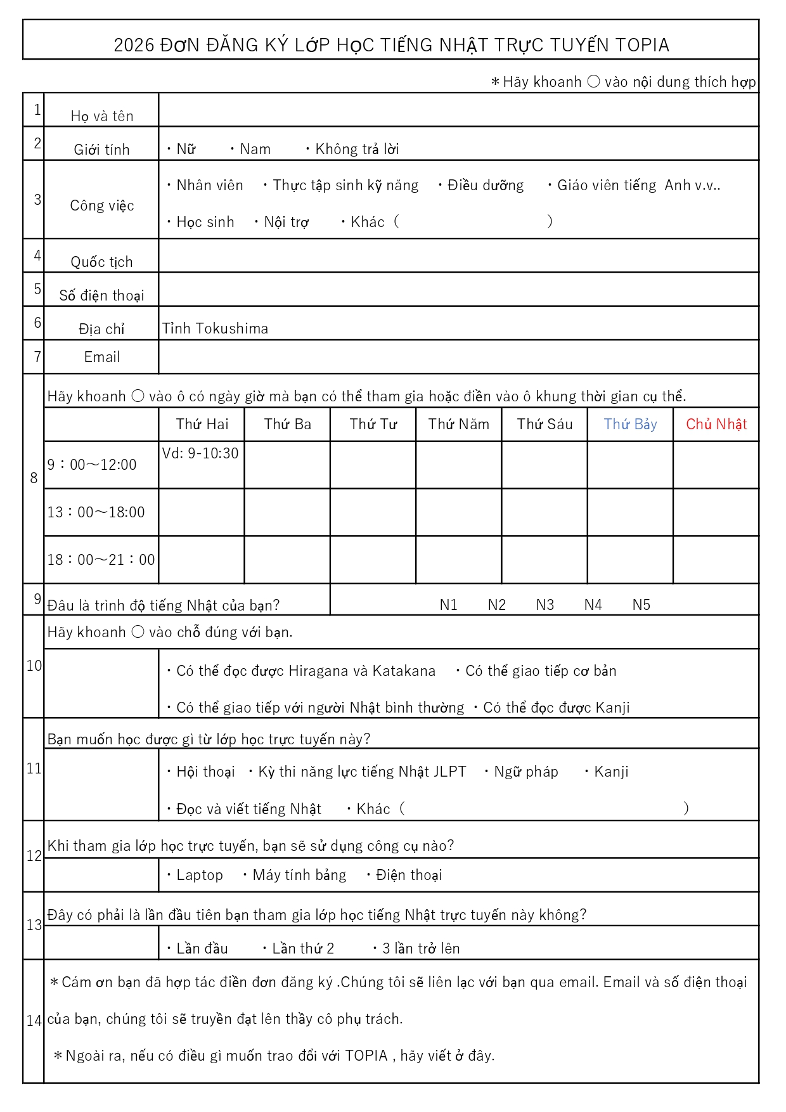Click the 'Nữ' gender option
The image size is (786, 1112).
coord(186,150)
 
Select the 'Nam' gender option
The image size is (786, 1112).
coord(255,150)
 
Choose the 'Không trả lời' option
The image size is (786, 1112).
coord(357,150)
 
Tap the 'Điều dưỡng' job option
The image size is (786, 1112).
coord(486,186)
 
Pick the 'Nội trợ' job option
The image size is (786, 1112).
coord(286,223)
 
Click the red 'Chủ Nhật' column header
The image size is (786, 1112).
coord(716,425)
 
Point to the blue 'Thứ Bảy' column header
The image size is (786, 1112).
coord(630,425)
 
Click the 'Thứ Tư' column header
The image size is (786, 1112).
coord(373,425)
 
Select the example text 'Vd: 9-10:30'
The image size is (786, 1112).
coord(200,454)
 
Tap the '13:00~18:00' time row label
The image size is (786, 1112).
coord(96,512)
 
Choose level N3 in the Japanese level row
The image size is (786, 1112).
coord(545,605)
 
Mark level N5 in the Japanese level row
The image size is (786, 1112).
coord(641,605)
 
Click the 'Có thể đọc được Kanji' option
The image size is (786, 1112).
coord(556,708)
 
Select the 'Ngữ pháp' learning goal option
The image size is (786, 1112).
coord(526,772)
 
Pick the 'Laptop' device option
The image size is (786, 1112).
coord(200,876)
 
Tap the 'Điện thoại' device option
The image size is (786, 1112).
coord(409,876)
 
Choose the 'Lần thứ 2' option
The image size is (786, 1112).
coord(302,949)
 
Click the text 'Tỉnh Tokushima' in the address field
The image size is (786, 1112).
coord(216,329)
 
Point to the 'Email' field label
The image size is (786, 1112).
coord(101,358)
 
